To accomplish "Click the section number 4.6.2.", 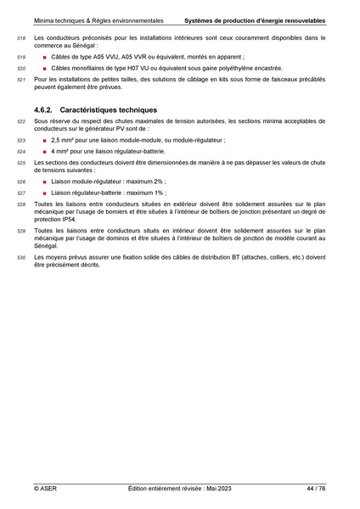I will coord(44,109).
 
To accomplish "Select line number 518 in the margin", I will coord(21,39).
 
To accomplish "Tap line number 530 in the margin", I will coord(21,256).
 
